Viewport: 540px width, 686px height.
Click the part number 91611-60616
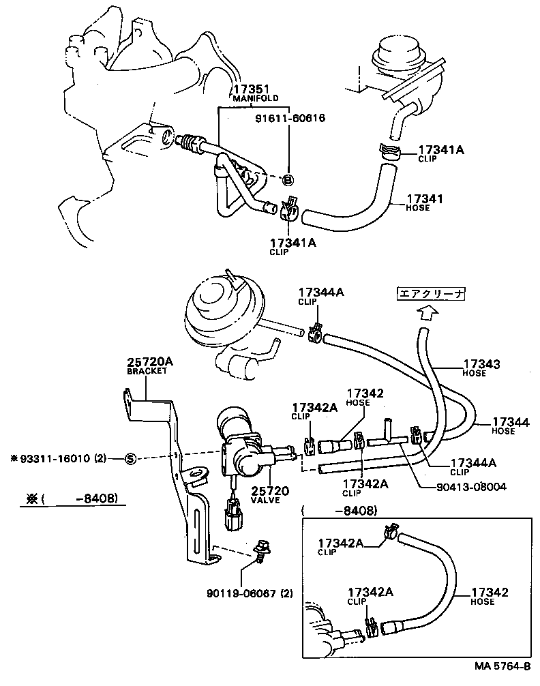[x=292, y=118]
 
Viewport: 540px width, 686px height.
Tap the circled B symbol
[x=288, y=180]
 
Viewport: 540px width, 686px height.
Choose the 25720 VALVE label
[x=271, y=494]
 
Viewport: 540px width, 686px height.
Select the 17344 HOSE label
[x=510, y=426]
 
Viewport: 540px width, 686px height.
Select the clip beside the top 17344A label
[x=315, y=333]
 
